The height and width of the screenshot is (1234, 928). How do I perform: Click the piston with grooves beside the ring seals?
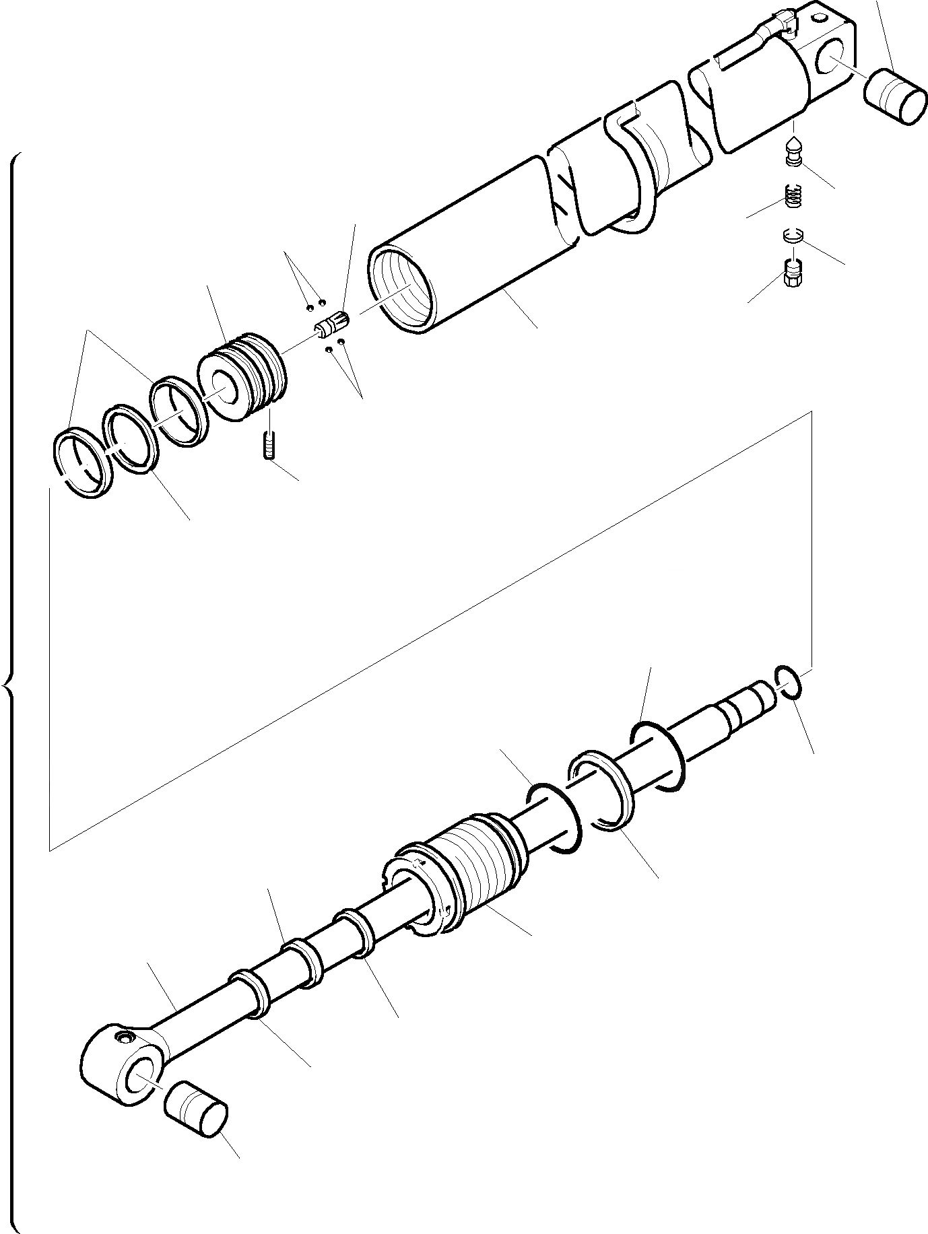[x=243, y=377]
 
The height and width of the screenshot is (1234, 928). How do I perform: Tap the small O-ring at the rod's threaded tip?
[x=788, y=685]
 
